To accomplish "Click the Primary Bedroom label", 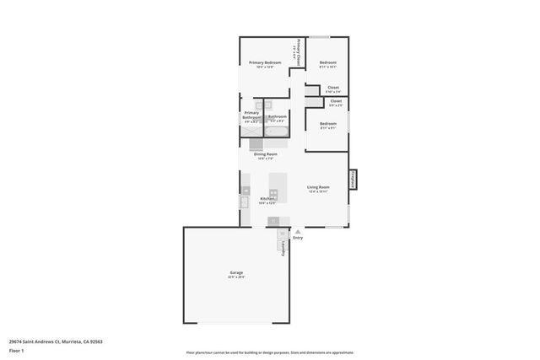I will [x=265, y=62].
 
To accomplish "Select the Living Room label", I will [x=318, y=187].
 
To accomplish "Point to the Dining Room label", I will [x=266, y=154].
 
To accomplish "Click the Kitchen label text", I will [x=267, y=199].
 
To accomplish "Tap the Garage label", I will [x=236, y=272].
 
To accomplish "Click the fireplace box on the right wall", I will [x=353, y=180].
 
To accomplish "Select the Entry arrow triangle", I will [x=296, y=232].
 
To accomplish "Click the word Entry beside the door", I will [x=298, y=239].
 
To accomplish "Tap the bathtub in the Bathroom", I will [x=277, y=132].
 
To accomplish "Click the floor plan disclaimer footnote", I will [x=270, y=352].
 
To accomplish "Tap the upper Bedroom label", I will [x=328, y=62].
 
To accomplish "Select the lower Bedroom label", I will [x=328, y=125].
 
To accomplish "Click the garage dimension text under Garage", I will [x=236, y=277].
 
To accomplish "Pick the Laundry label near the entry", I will [x=283, y=250].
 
